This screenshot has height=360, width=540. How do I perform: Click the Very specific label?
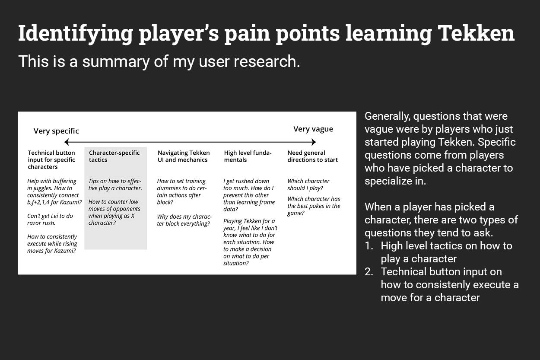click(56, 131)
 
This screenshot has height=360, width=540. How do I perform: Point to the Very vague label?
click(313, 129)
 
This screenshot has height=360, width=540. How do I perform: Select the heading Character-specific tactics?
click(114, 156)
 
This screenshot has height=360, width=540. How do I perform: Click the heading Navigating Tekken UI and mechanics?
click(184, 156)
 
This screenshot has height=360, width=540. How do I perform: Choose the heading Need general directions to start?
click(312, 156)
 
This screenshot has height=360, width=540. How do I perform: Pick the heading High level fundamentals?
click(248, 156)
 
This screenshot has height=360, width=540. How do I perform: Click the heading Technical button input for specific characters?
click(51, 160)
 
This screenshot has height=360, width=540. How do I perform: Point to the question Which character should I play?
click(308, 185)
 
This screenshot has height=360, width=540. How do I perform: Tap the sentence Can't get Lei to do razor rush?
click(50, 220)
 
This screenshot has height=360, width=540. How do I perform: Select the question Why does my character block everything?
click(184, 220)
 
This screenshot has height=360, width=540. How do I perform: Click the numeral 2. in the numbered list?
click(369, 272)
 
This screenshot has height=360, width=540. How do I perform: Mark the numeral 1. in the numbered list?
click(369, 246)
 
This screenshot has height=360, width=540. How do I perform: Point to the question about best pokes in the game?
click(314, 206)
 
